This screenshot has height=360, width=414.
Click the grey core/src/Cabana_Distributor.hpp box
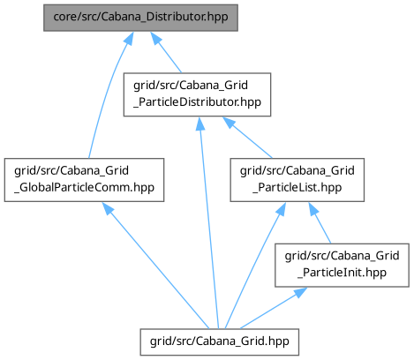point(140,18)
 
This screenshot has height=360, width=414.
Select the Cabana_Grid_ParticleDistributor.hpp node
point(197,94)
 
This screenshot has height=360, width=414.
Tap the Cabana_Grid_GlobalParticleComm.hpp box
point(84,180)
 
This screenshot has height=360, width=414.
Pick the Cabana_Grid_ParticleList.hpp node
point(297,180)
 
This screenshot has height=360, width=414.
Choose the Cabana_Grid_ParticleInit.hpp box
point(342,266)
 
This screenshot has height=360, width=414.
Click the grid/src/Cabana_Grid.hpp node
point(220,342)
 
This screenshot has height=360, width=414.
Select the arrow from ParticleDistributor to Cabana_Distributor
point(166,52)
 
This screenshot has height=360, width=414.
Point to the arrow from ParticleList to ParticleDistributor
point(248,138)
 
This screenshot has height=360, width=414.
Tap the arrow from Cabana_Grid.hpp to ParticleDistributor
point(208,222)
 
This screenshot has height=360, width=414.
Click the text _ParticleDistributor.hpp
point(197,102)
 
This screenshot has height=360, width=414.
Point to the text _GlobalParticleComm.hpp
point(84,187)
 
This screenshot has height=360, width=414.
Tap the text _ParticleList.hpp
point(297,187)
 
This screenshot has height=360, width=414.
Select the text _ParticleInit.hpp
point(342,273)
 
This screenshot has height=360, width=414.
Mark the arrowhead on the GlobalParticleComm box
point(108,208)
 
